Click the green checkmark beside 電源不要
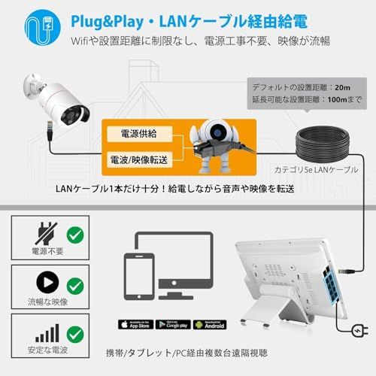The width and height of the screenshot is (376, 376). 75,232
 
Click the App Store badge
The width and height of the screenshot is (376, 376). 132,325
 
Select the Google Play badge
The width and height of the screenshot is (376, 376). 171,325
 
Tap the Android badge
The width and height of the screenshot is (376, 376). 210,325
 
